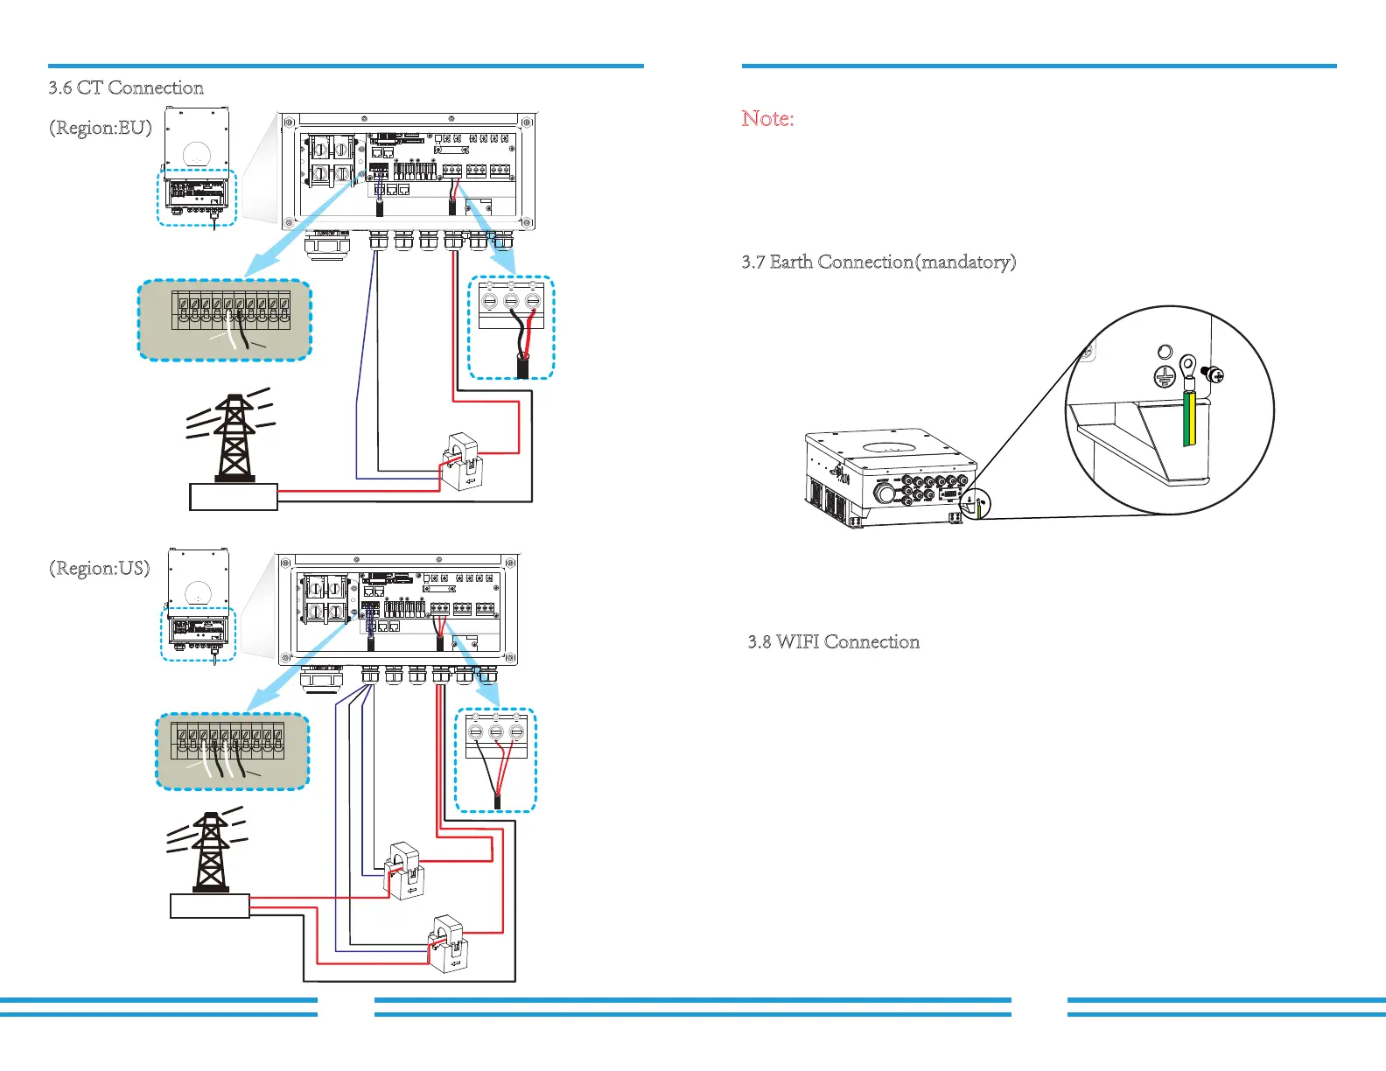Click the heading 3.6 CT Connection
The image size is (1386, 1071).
pos(126,87)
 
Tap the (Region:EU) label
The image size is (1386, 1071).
pos(100,128)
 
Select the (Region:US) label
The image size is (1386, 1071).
pos(99,569)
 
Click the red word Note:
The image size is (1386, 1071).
pos(767,119)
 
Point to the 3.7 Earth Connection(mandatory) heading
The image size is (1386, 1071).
pos(878,262)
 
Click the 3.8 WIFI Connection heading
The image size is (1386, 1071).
pos(833,642)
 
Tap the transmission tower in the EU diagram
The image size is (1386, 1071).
pos(234,437)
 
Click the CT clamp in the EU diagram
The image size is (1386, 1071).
pos(461,460)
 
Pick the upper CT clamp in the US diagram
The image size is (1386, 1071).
pos(405,870)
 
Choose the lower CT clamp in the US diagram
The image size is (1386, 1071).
pos(448,945)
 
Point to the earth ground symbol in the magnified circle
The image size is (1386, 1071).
pos(1163,377)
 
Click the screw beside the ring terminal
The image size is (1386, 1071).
pos(1214,375)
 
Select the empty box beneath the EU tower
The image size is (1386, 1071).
pos(234,497)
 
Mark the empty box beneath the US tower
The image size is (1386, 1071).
pos(210,906)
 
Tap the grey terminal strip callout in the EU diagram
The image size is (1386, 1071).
pos(225,320)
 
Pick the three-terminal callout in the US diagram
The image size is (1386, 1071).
pos(495,759)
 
